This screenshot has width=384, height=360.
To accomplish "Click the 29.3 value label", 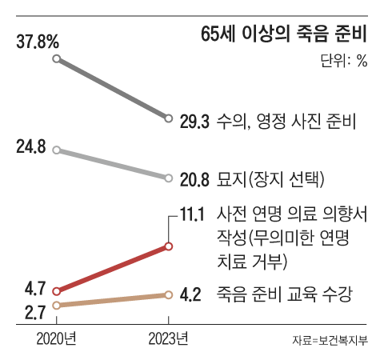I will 194,121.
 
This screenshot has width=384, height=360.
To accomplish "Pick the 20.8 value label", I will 194,179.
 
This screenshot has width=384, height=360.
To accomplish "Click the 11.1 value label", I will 195,214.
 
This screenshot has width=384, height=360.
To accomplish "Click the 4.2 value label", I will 190,295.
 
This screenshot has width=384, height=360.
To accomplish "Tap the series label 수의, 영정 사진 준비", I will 286,121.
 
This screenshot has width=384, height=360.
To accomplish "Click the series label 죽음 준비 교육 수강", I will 284,294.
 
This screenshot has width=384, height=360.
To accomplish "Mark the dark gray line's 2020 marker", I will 56,58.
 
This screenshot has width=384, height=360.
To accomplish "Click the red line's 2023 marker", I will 169,246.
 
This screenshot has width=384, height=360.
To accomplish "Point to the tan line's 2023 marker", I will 169,295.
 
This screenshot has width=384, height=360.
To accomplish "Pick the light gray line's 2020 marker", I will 56,149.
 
